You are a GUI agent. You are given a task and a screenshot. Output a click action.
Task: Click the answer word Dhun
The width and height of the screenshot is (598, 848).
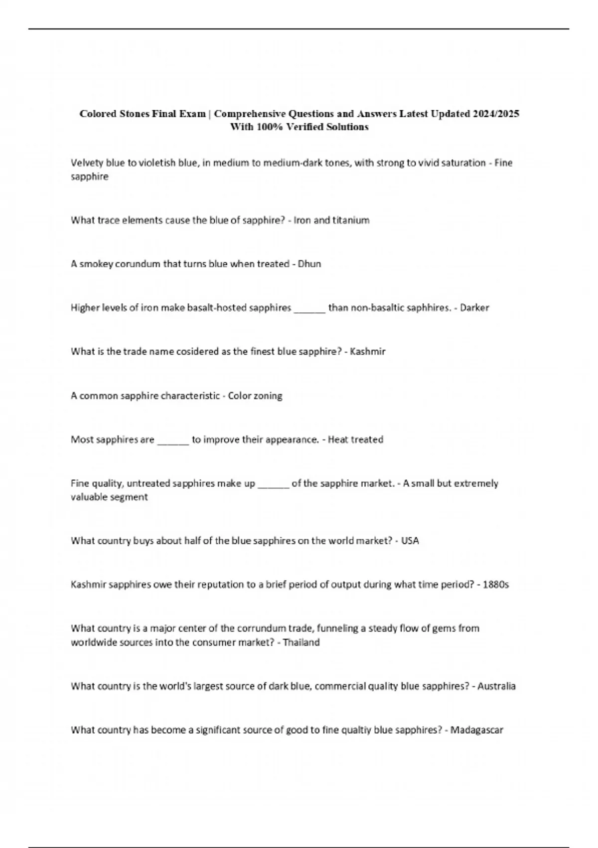pos(309,264)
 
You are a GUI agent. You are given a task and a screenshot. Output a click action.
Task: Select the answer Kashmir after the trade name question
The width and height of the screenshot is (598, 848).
pos(368,352)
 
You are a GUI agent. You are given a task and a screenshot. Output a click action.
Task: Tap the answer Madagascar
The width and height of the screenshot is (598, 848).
pos(477,730)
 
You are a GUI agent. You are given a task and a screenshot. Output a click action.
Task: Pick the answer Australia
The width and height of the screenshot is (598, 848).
pos(496,686)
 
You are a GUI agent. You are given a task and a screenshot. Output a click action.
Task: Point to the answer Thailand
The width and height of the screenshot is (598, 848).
pos(301,642)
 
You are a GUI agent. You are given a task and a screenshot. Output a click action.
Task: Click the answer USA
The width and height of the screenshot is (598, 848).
pos(410,541)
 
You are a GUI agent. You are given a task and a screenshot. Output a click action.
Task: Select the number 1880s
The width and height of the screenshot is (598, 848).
pos(496,585)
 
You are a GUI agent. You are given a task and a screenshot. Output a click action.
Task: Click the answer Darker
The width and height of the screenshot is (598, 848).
pos(474,308)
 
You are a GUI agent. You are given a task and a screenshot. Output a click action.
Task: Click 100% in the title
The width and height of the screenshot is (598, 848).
pos(269,127)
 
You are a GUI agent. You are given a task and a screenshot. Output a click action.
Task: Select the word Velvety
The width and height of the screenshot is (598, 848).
pos(87,163)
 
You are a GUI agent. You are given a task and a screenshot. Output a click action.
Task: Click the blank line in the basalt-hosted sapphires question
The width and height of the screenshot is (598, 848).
pos(309,309)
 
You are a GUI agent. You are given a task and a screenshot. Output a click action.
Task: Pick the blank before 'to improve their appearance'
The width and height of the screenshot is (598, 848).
pos(173,441)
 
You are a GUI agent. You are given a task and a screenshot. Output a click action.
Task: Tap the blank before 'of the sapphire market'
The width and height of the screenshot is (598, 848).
pos(274,485)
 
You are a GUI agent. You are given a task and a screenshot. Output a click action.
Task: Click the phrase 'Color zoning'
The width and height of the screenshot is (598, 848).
pos(255,396)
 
